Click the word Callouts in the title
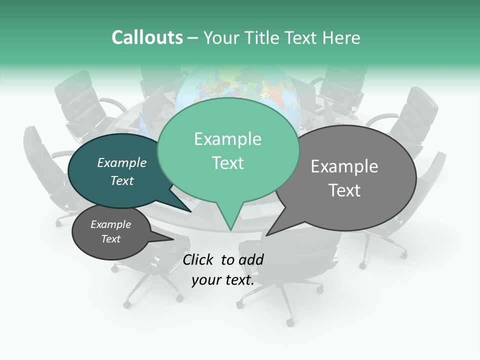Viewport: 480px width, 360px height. [x=147, y=37]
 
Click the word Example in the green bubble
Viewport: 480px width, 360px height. [x=227, y=139]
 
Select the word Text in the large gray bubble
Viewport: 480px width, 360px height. [x=344, y=190]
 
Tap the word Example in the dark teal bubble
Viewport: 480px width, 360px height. [x=122, y=162]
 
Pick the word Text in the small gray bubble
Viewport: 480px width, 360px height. [x=111, y=239]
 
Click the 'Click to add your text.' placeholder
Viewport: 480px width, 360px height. [x=223, y=270]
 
